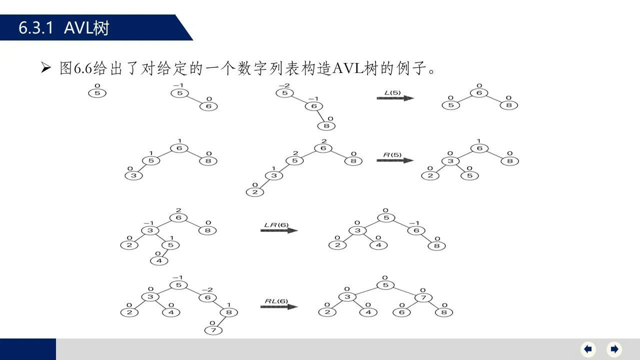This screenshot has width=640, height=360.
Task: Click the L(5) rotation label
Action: pyautogui.click(x=392, y=92)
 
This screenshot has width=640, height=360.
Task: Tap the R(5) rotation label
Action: pyautogui.click(x=392, y=155)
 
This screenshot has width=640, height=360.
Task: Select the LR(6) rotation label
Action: pyautogui.click(x=276, y=225)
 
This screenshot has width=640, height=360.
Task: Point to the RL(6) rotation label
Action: pyautogui.click(x=276, y=301)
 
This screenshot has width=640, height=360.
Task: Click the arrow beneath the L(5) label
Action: pyautogui.click(x=395, y=98)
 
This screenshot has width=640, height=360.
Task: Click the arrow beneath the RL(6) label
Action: pyautogui.click(x=279, y=307)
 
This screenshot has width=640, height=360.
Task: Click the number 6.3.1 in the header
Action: pyautogui.click(x=35, y=28)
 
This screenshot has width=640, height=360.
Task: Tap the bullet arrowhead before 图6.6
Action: pyautogui.click(x=45, y=67)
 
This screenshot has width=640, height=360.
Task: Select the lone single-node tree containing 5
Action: pyautogui.click(x=97, y=93)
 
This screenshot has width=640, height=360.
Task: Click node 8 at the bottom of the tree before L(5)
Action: pyautogui.click(x=326, y=126)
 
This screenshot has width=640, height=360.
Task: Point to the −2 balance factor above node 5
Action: pyautogui.click(x=284, y=85)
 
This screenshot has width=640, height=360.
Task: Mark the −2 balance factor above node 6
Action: pyautogui.click(x=207, y=289)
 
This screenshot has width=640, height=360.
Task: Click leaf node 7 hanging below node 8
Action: pyautogui.click(x=213, y=330)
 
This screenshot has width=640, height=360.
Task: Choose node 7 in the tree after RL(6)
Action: pyautogui.click(x=423, y=297)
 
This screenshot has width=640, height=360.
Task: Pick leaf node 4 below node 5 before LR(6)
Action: pyautogui.click(x=159, y=261)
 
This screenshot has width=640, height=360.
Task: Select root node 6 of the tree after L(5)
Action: pyautogui.click(x=479, y=93)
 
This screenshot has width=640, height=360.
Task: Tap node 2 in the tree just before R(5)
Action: pyautogui.click(x=255, y=192)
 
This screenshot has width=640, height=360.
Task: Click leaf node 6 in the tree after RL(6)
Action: pyautogui.click(x=401, y=312)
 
